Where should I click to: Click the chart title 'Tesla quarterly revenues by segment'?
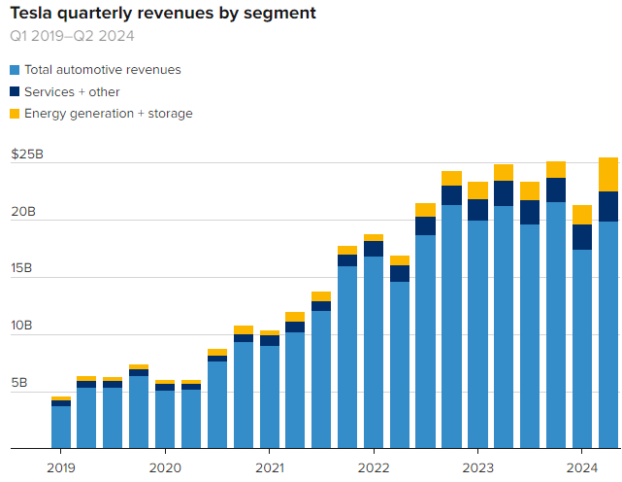tap(162, 15)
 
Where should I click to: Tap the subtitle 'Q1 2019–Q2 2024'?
tap(72, 37)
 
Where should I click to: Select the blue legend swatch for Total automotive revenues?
tap(15, 70)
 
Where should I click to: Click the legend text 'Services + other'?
tap(72, 91)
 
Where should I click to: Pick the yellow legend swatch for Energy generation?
tap(15, 114)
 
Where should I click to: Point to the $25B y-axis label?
tap(27, 155)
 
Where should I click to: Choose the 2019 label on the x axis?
tap(61, 467)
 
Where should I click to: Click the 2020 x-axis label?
tap(165, 467)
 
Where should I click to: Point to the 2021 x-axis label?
tap(269, 467)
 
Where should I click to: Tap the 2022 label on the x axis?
tap(374, 467)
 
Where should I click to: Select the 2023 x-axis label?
tap(477, 467)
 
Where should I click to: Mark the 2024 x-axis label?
tap(581, 467)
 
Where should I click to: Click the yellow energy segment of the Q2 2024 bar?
tap(607, 175)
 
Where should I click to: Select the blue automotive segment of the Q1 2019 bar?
tap(61, 428)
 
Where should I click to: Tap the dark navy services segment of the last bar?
tap(607, 207)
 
